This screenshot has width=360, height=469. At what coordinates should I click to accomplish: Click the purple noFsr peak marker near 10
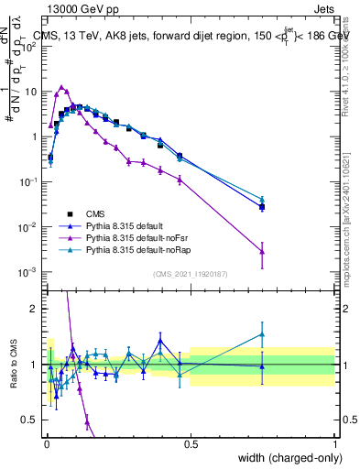coord(61,87)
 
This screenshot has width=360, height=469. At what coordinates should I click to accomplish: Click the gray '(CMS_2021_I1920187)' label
coord(190,274)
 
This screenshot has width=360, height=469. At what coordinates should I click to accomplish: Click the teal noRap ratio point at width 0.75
coord(262,334)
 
